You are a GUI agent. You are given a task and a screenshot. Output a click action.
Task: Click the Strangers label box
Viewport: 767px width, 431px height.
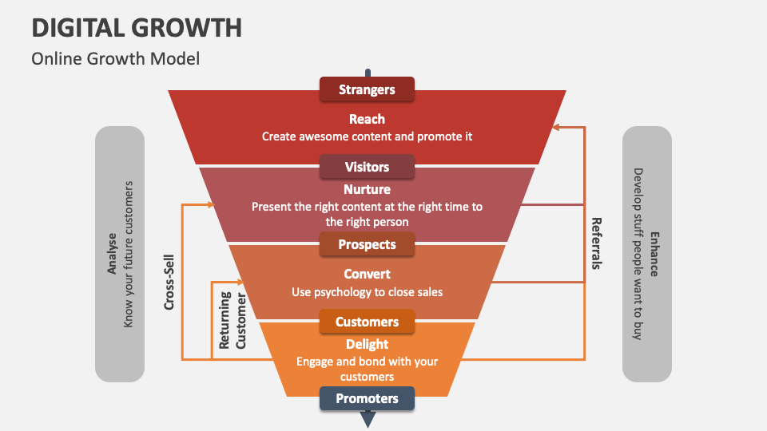click(x=367, y=89)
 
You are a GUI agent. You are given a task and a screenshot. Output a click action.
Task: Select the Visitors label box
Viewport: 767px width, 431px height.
click(x=367, y=167)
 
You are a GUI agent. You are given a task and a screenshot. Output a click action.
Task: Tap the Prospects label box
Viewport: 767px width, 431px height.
click(x=367, y=244)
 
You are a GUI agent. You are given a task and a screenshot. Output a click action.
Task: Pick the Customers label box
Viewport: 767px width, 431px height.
click(x=367, y=322)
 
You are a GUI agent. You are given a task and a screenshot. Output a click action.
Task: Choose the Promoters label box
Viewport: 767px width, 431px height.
click(x=367, y=398)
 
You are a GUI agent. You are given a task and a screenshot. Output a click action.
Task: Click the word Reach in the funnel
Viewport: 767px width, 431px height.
click(x=367, y=119)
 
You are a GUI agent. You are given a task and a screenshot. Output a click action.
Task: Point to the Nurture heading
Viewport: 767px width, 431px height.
click(x=367, y=189)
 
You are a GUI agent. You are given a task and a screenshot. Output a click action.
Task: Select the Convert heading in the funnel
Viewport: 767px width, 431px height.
click(x=367, y=274)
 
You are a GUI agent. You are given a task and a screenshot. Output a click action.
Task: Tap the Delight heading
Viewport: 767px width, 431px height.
click(x=367, y=344)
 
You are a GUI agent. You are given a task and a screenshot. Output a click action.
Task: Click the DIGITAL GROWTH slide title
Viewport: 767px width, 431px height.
click(x=137, y=28)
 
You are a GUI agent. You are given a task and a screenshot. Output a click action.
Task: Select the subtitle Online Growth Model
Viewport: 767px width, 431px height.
click(x=115, y=58)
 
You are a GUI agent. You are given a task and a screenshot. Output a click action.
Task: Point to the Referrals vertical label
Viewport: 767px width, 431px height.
click(x=596, y=243)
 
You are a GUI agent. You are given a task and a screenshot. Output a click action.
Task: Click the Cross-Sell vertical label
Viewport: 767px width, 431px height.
click(x=169, y=282)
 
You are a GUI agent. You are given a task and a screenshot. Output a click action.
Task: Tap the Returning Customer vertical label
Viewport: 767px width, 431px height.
click(x=232, y=319)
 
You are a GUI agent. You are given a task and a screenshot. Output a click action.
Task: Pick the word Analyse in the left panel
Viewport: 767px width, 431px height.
click(x=112, y=253)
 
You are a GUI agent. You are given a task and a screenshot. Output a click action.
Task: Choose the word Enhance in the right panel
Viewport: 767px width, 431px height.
click(x=654, y=254)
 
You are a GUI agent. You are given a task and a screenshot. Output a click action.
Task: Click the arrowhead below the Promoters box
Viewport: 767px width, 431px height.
click(x=368, y=418)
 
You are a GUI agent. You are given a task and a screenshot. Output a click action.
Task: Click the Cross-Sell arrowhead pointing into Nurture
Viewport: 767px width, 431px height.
click(x=211, y=205)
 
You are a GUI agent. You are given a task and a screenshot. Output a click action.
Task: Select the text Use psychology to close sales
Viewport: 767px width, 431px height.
click(x=367, y=292)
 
